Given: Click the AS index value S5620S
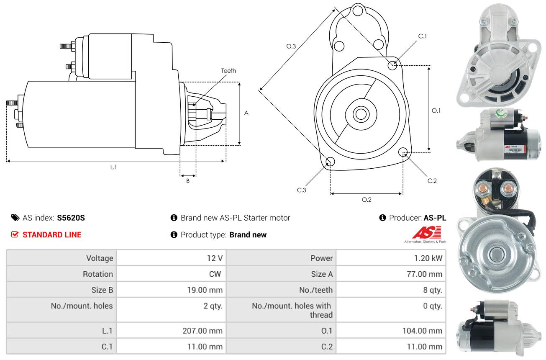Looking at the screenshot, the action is (71, 218).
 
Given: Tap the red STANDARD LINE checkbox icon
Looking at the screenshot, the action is (15, 234).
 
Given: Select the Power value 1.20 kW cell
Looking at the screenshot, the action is (391, 258).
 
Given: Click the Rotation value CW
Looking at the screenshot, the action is (215, 274).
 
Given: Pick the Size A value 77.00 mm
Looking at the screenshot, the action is (424, 274).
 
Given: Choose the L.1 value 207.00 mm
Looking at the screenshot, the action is (203, 330).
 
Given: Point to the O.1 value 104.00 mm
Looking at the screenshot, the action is (422, 330).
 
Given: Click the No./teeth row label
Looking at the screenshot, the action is (316, 290).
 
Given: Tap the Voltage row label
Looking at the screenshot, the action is (100, 258).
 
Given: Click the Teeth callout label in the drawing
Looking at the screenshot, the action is (228, 71).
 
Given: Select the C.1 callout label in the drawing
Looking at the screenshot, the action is (423, 36).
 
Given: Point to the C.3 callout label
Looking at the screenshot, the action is (301, 190).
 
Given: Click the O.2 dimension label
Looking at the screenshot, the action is (367, 200).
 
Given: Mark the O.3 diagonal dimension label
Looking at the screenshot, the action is (291, 46).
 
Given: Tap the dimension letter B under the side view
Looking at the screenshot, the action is (188, 181).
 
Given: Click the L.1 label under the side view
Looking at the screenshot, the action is (113, 167).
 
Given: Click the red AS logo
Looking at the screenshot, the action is (427, 232).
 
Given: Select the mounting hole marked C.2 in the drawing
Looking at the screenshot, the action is (403, 152).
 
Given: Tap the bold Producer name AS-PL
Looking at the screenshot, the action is (435, 218).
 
